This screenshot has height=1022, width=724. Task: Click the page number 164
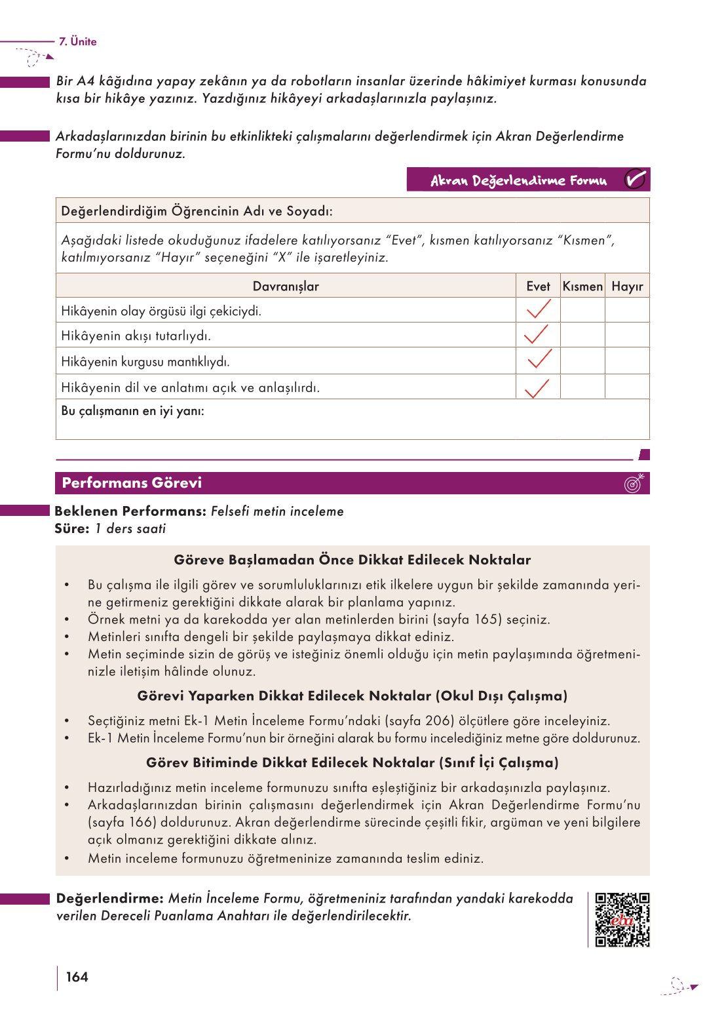[77, 977]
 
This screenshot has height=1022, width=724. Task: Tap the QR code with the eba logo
[622, 920]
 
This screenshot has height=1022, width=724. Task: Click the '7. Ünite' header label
[77, 41]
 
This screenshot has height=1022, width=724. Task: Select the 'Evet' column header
[538, 286]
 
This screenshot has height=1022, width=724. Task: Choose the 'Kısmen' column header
[582, 286]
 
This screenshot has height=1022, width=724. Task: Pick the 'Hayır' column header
[627, 286]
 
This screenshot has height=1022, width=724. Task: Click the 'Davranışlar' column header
[286, 286]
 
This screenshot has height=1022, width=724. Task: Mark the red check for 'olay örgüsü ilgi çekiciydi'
[538, 309]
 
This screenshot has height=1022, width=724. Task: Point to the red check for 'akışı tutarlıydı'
[536, 334]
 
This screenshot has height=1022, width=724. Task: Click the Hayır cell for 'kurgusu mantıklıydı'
[627, 361]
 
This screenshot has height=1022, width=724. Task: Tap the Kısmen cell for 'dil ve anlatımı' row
[582, 387]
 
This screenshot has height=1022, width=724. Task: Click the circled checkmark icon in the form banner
[634, 180]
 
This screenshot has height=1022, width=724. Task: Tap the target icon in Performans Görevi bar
[634, 483]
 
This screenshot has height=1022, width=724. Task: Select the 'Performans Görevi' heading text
[132, 483]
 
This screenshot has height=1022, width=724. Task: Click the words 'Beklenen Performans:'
[131, 511]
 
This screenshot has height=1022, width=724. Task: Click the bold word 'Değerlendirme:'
[110, 899]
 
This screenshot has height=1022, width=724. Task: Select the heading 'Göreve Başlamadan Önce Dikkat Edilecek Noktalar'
[352, 560]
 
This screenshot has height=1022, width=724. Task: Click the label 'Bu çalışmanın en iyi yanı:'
[132, 411]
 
